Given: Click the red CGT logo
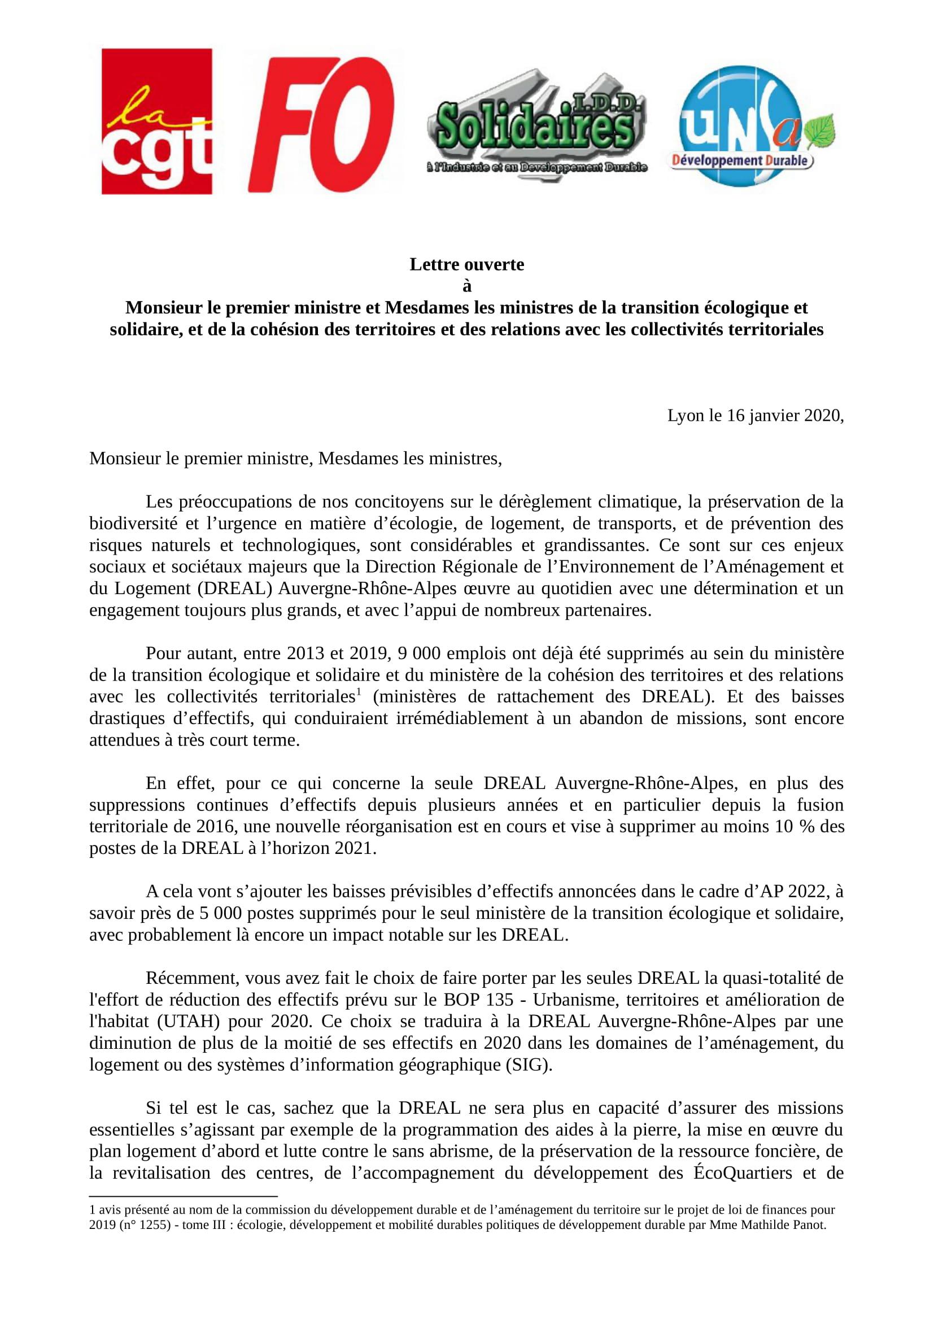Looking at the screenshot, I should pyautogui.click(x=156, y=121).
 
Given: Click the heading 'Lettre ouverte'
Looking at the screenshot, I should pyautogui.click(x=466, y=264).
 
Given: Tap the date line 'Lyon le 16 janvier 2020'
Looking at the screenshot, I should pyautogui.click(x=755, y=416).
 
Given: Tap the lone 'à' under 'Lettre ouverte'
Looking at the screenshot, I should pyautogui.click(x=466, y=286).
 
